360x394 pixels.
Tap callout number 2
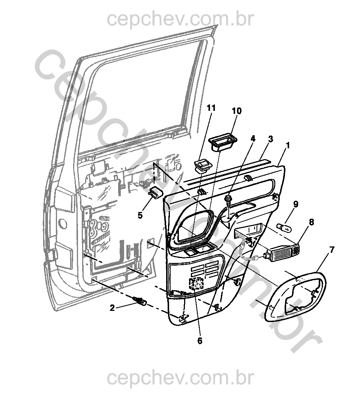tap(112, 308)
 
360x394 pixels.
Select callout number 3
tap(270, 139)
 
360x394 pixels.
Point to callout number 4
tap(253, 139)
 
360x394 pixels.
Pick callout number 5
tap(140, 215)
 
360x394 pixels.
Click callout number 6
tap(199, 341)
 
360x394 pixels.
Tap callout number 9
tap(296, 204)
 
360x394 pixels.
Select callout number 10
tap(237, 111)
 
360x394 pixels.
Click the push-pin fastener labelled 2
tap(139, 301)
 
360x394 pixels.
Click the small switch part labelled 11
tap(203, 165)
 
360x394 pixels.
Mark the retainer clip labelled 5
tap(156, 193)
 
